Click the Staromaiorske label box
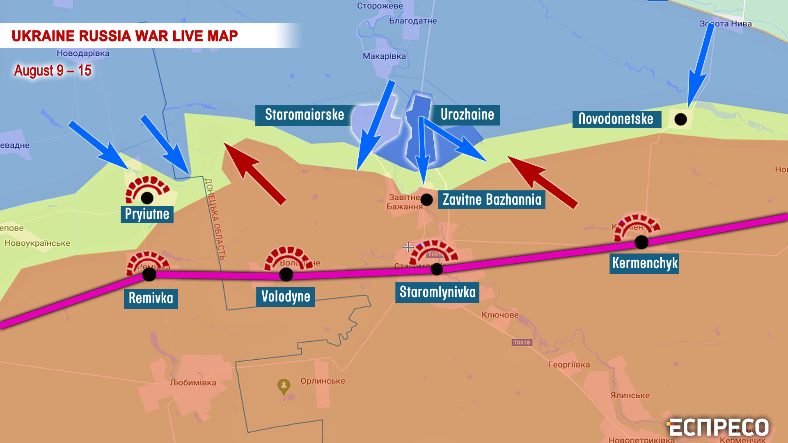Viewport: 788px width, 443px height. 304,115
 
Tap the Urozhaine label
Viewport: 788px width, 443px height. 467,115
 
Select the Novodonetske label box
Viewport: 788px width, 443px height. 616,119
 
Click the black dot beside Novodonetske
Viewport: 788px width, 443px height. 680,119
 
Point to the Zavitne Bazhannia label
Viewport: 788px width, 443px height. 492,200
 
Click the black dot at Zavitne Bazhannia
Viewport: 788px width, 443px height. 426,200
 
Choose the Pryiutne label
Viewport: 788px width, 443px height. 147,214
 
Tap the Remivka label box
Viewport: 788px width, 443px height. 151,298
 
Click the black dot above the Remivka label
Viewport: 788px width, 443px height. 149,274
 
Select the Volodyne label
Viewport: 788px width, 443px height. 286,297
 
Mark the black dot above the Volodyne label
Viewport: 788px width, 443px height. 286,274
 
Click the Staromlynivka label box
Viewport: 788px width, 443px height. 437,292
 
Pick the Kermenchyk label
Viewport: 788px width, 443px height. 644,263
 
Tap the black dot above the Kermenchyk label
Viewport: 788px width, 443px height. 641,242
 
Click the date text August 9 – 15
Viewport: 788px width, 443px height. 53,71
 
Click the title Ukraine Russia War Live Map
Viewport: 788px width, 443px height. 125,36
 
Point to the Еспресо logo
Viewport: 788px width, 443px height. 718,428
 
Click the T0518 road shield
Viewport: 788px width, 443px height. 522,343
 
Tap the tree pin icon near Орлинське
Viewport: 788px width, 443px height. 284,386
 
